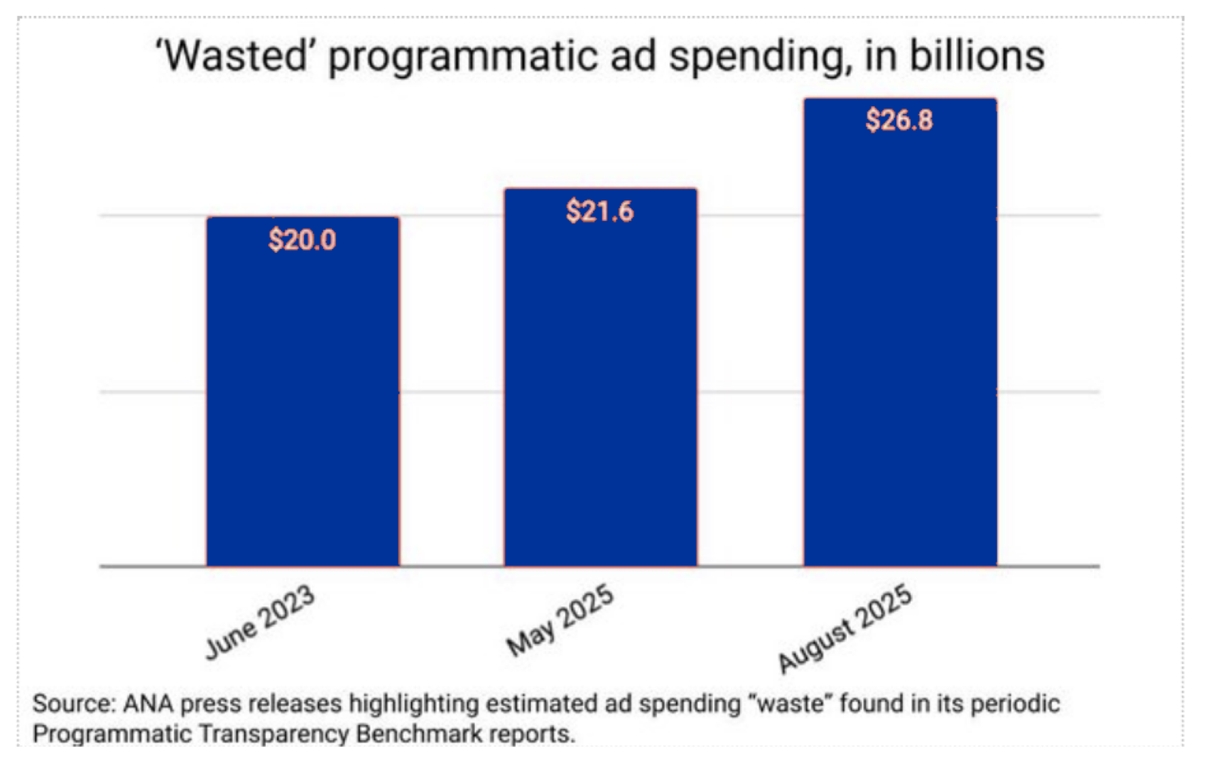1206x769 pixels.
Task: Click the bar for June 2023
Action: (x=303, y=402)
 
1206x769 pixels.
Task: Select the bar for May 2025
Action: (x=600, y=389)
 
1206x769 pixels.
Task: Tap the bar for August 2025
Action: (x=900, y=352)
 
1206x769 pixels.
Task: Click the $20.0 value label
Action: (x=302, y=240)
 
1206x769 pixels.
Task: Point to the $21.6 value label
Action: (x=600, y=211)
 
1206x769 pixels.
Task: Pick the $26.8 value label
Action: (x=899, y=120)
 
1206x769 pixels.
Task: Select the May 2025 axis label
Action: (x=560, y=620)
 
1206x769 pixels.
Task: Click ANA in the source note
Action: (x=148, y=704)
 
